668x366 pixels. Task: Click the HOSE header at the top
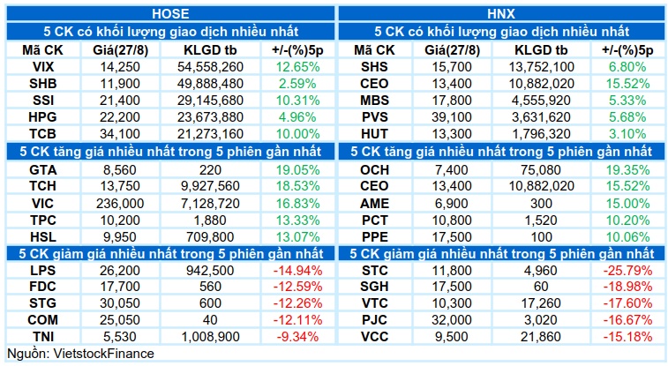(x=170, y=13)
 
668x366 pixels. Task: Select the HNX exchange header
(x=501, y=13)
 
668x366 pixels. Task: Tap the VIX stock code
(x=43, y=67)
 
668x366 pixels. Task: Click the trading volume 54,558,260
(x=210, y=67)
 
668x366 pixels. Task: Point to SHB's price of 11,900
(x=120, y=84)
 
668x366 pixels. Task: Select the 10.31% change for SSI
(x=297, y=101)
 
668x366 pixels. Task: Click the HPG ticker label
(x=42, y=117)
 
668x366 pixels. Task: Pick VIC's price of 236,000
(x=120, y=204)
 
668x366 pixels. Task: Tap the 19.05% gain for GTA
(x=297, y=170)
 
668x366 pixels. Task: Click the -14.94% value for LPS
(x=297, y=271)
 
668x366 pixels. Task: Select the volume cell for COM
(x=210, y=320)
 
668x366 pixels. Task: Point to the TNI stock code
(x=42, y=337)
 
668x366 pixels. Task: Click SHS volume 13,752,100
(x=541, y=67)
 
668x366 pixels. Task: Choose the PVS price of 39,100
(x=452, y=117)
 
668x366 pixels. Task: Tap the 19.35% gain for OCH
(x=628, y=170)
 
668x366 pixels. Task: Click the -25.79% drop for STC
(x=628, y=271)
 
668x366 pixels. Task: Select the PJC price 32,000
(x=452, y=320)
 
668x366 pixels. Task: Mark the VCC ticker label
(x=374, y=337)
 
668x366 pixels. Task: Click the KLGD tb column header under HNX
(x=541, y=50)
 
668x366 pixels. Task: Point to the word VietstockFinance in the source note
(x=103, y=354)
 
